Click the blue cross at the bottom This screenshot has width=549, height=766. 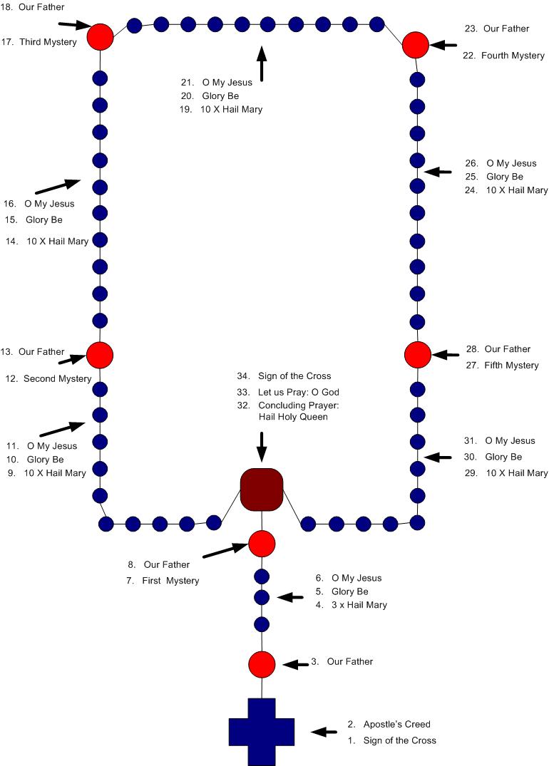tap(262, 731)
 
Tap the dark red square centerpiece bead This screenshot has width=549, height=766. tap(262, 490)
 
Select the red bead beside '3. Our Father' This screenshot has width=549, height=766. tap(262, 664)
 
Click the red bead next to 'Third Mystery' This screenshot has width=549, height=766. tap(101, 36)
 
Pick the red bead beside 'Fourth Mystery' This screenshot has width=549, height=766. tap(416, 46)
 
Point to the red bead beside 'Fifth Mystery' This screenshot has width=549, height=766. tap(417, 353)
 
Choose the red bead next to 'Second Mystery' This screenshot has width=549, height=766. tap(100, 353)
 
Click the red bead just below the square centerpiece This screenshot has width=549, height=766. tap(262, 544)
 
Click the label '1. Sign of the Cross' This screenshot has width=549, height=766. tap(391, 740)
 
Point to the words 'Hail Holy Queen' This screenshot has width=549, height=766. tap(293, 417)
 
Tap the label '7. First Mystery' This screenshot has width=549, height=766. tap(163, 581)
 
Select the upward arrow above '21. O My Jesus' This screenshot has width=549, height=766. tap(262, 63)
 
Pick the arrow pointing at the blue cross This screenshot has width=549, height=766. tap(324, 732)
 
